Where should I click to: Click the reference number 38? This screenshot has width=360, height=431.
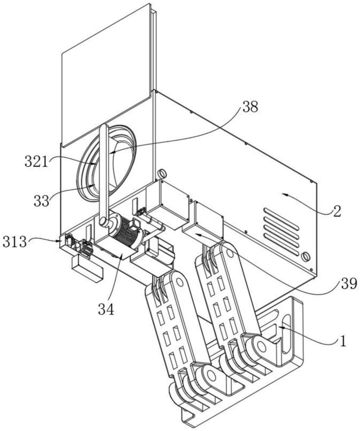pos(250,106)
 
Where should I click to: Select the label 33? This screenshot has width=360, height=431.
pos(41,201)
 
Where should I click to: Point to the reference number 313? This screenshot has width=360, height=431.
pos(15,242)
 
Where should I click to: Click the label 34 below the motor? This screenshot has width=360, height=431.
pos(106,309)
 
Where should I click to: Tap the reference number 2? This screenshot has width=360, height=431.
pos(337,211)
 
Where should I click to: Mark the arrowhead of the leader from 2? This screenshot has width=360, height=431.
pos(285,195)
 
